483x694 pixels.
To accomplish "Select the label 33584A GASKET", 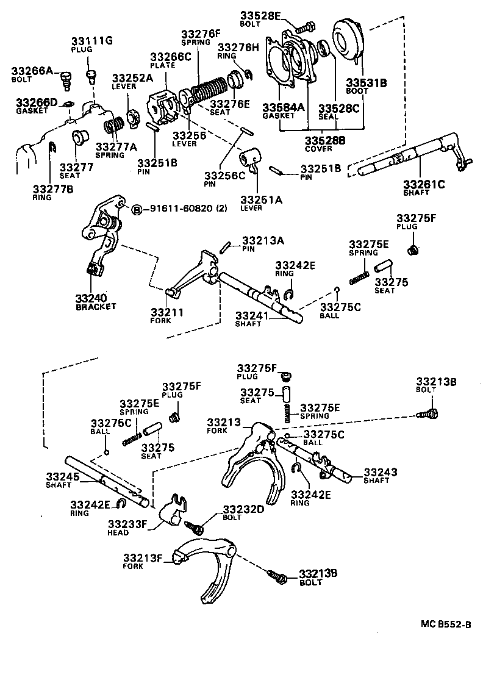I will (283, 112).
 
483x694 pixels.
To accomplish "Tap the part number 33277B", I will (52, 189).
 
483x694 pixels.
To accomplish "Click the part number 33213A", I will (263, 240).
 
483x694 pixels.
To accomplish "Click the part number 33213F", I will (142, 557).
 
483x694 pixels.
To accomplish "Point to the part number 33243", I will (381, 471).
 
